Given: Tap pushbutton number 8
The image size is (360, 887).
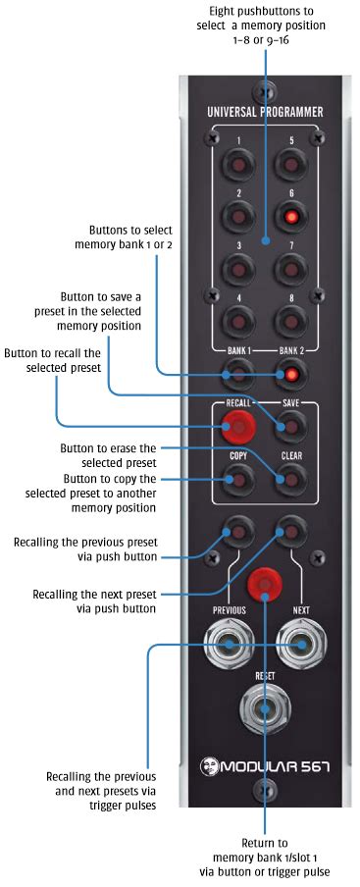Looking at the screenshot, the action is coord(291,320).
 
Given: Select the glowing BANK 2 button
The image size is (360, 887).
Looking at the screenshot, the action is coord(291,374).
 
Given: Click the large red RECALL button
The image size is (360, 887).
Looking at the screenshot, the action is coord(237,427).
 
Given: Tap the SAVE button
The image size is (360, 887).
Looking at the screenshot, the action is coord(291,427).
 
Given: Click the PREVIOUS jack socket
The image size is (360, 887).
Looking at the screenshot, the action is coord(230,645).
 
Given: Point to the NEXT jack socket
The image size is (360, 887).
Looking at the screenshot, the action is coord(300,645).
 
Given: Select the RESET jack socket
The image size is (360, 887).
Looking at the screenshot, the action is coord(265,707).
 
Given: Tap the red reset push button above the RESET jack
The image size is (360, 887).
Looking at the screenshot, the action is coord(265,582).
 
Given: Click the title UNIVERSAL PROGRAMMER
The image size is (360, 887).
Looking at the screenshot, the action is coord(265,112).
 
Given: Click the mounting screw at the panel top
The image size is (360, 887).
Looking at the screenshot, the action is coord(265,90).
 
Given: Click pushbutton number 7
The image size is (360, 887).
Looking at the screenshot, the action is coord(291,266).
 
